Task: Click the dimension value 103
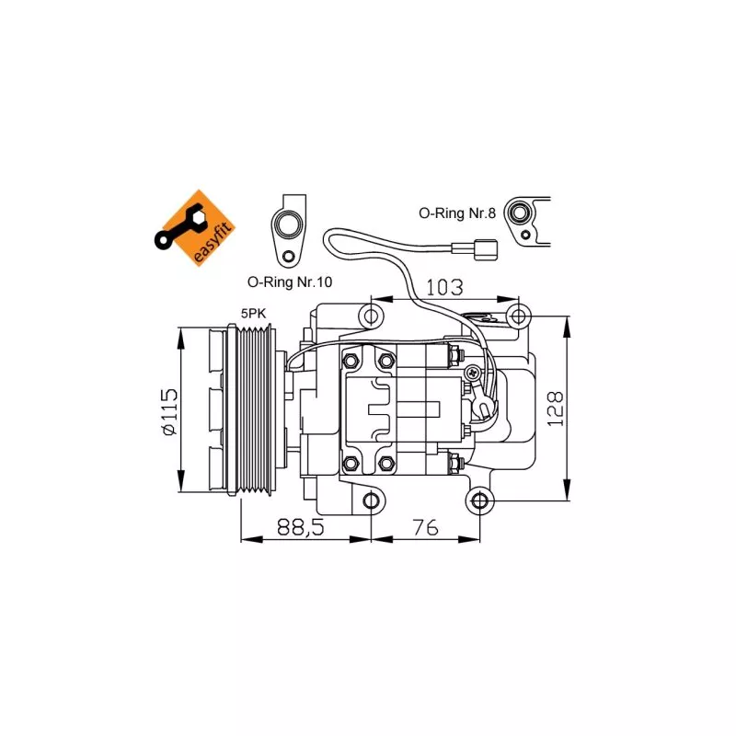click(444, 287)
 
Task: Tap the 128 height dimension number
click(555, 408)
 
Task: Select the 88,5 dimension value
click(301, 527)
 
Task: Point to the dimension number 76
click(425, 527)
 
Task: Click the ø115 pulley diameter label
click(169, 411)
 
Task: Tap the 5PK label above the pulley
click(254, 314)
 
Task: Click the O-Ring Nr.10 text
click(290, 282)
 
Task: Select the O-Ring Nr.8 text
click(457, 213)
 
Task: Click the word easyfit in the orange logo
click(213, 244)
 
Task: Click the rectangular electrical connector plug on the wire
click(486, 249)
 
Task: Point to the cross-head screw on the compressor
click(472, 373)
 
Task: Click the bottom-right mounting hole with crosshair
click(479, 500)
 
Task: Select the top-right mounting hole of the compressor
click(518, 316)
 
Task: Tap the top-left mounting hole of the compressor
click(371, 316)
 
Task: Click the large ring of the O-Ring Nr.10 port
click(288, 225)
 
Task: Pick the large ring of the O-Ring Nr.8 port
click(518, 213)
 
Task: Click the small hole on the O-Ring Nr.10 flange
click(288, 257)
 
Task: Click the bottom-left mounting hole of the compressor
click(371, 500)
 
